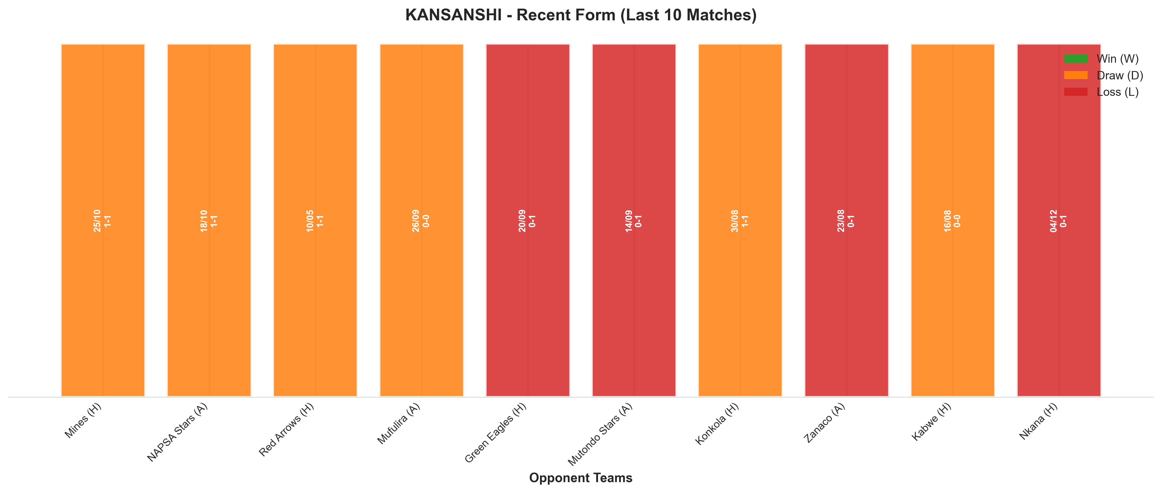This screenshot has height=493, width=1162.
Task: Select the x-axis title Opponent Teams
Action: (x=580, y=478)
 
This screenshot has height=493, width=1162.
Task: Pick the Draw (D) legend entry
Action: (x=1103, y=75)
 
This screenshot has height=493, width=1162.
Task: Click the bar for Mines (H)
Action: (x=103, y=220)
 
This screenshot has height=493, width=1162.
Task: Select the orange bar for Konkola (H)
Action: (x=740, y=220)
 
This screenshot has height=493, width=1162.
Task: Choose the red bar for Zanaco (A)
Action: (x=847, y=220)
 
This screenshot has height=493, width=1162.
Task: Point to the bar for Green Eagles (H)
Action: (x=528, y=220)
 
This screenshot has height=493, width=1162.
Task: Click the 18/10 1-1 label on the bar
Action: (x=209, y=221)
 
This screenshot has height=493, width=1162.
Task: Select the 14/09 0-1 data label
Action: (x=634, y=221)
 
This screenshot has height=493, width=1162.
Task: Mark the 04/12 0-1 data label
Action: (x=1059, y=221)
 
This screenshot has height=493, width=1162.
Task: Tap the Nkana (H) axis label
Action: (x=1038, y=421)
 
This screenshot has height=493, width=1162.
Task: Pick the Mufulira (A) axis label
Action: (x=399, y=424)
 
